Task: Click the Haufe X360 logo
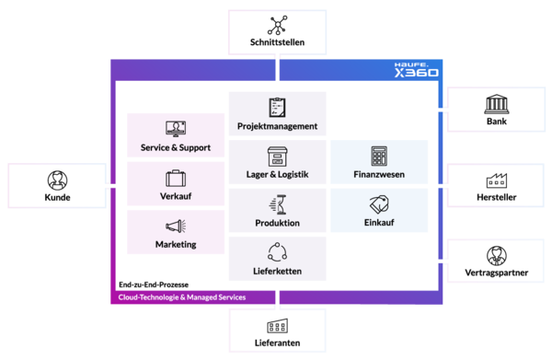(x=416, y=70)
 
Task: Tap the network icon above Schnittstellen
(x=278, y=25)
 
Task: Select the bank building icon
(x=497, y=104)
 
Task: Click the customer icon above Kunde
(x=57, y=180)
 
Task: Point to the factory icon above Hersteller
(x=497, y=180)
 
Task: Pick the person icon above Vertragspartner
(x=497, y=256)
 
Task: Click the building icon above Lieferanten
(x=278, y=326)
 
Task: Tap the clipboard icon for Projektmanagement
(x=278, y=107)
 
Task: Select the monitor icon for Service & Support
(x=176, y=129)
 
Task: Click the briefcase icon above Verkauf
(x=176, y=179)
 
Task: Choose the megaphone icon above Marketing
(x=176, y=226)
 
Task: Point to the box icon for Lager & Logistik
(x=278, y=156)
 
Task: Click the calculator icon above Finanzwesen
(x=379, y=156)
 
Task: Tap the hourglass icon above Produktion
(x=278, y=204)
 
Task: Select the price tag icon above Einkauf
(x=379, y=204)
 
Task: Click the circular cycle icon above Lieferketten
(x=278, y=252)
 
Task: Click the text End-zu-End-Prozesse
(x=154, y=285)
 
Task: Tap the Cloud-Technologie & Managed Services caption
(x=182, y=297)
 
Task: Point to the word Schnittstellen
(x=278, y=42)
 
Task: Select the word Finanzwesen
(x=379, y=174)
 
